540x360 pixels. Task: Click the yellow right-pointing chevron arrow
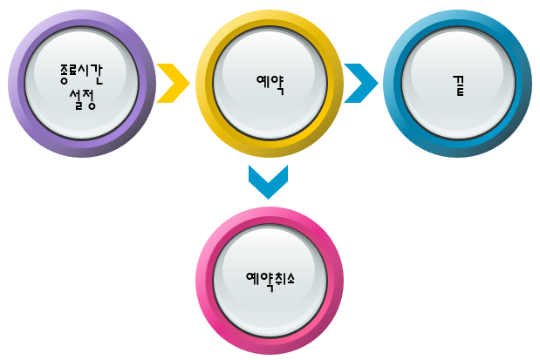[174, 84]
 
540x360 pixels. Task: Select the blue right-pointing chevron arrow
[361, 84]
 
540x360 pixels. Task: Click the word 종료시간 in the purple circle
[81, 72]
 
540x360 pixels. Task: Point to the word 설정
[81, 98]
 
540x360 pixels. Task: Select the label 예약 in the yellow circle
[270, 84]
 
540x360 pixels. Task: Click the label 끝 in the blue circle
[458, 85]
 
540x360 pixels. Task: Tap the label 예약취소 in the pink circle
[270, 280]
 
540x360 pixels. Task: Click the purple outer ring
[19, 84]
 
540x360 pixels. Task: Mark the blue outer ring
[394, 84]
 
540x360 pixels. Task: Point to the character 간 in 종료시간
[98, 72]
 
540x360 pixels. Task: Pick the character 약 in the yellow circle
[277, 84]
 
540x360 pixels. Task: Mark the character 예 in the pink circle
[251, 280]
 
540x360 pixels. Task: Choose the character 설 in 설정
[73, 98]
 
